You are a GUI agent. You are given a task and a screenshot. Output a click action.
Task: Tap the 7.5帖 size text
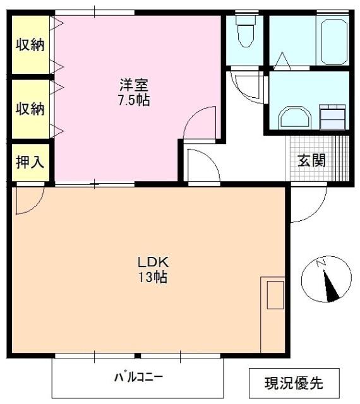(x=135, y=100)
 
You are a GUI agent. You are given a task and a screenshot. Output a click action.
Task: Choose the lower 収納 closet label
(x=30, y=108)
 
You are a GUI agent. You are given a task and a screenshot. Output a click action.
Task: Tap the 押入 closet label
(x=30, y=161)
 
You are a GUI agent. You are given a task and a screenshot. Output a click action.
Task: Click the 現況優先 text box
(x=294, y=382)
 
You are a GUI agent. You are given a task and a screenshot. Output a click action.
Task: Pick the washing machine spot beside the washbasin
(x=332, y=116)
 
